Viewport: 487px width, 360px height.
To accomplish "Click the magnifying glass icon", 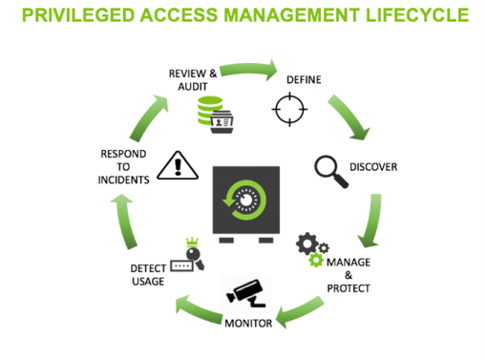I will coord(330,170).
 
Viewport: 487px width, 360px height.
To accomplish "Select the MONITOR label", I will coord(248,323).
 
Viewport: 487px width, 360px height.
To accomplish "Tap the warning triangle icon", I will coord(177,165).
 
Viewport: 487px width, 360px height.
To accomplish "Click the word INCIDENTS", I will coord(122,180).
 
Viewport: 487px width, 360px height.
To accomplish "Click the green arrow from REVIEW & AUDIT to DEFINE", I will coord(245,69).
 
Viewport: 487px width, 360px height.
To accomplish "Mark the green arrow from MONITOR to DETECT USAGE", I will coord(196,307).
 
